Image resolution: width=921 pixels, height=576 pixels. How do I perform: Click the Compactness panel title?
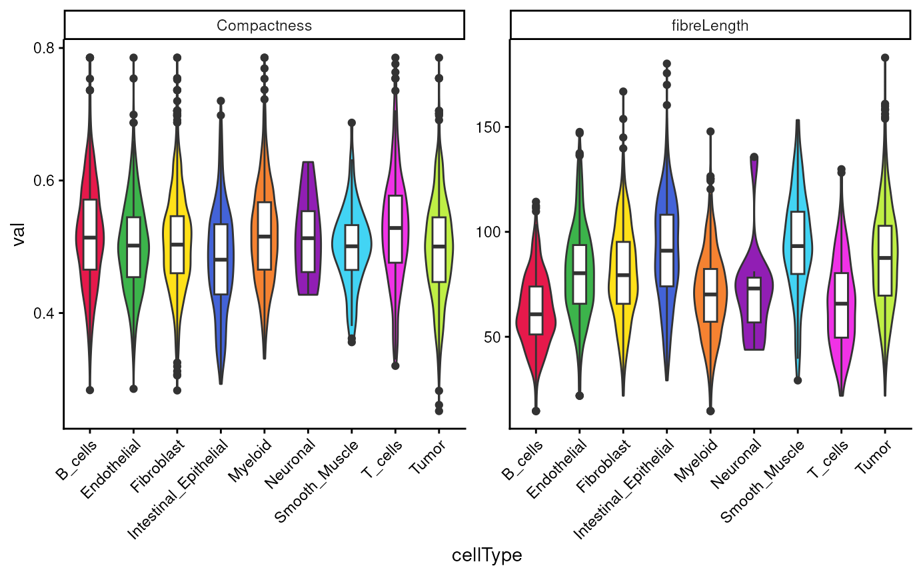point(264,25)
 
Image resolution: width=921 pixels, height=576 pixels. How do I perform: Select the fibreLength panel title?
point(710,25)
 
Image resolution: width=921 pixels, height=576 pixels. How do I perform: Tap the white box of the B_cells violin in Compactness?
point(90,234)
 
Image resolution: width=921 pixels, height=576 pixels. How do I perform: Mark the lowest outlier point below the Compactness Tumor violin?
point(439,411)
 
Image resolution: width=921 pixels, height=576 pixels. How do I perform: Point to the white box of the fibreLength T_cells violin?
point(842,305)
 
